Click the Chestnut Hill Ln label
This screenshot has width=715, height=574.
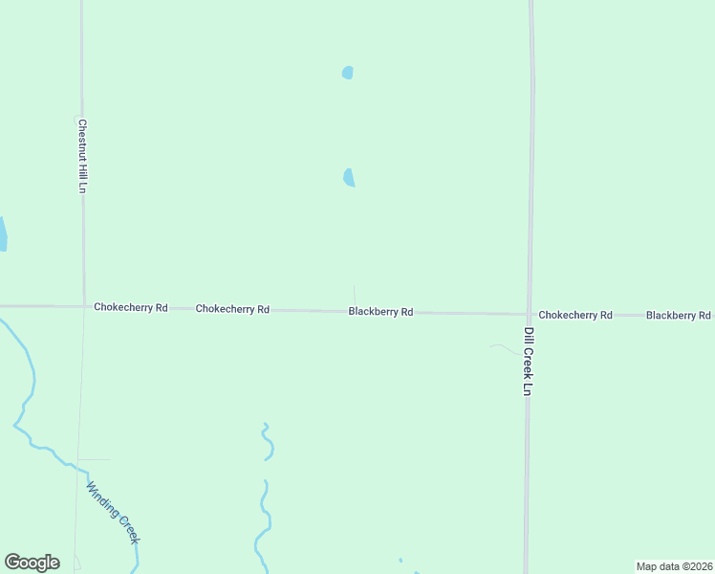click(82, 156)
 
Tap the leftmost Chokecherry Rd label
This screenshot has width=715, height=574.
click(131, 307)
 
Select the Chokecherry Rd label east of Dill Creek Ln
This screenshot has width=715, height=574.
click(574, 315)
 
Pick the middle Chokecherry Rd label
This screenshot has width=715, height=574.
click(232, 309)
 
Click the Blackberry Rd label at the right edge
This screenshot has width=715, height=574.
click(679, 315)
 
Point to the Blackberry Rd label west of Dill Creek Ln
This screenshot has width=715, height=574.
click(380, 312)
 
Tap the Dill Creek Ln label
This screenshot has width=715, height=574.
click(528, 362)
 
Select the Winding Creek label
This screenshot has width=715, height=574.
click(114, 513)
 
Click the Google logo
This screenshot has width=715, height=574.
click(32, 563)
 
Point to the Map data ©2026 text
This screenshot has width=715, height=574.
click(674, 566)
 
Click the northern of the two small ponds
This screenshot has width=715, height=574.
click(348, 73)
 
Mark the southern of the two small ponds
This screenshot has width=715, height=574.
click(349, 177)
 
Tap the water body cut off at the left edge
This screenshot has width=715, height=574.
click(3, 233)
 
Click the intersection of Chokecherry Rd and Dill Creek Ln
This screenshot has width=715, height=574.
click(529, 314)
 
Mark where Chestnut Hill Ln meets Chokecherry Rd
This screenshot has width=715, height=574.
click(83, 306)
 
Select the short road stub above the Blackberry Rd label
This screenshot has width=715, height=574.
click(355, 296)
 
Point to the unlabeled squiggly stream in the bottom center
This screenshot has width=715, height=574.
click(265, 497)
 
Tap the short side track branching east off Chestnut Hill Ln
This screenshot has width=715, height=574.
click(95, 460)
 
